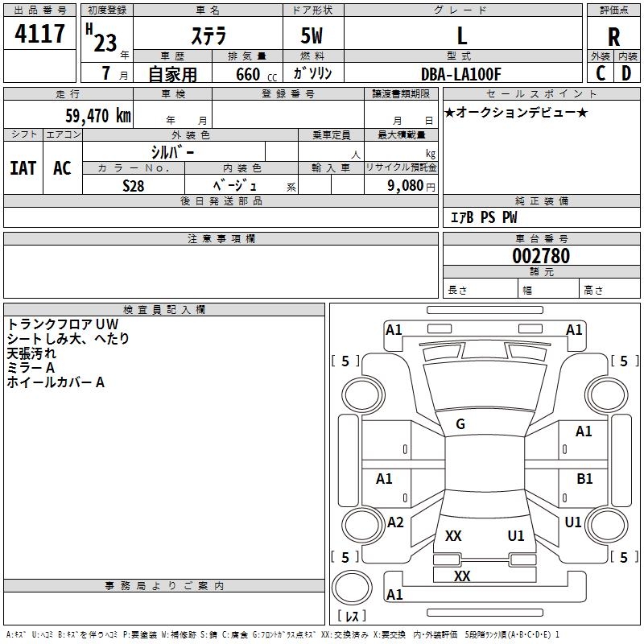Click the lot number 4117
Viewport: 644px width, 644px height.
click(x=40, y=34)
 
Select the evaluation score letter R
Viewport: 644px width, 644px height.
click(x=613, y=36)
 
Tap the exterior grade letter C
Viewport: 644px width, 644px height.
click(x=601, y=72)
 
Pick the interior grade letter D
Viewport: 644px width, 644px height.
click(x=626, y=72)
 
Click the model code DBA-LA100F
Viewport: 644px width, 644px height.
click(x=460, y=74)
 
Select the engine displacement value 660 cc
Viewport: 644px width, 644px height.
click(x=246, y=74)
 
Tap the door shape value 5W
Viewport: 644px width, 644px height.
click(x=312, y=36)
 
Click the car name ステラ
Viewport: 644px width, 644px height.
click(x=208, y=36)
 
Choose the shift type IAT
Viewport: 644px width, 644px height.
click(x=23, y=168)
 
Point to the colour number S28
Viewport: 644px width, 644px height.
click(x=134, y=185)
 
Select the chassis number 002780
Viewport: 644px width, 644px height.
click(x=541, y=256)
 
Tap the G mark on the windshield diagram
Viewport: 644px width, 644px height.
click(x=460, y=424)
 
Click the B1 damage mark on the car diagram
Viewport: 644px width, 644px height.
click(x=584, y=479)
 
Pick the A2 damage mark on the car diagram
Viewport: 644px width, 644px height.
click(x=395, y=522)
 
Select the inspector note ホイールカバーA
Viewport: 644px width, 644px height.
click(x=56, y=382)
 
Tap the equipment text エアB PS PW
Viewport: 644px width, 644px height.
click(x=483, y=217)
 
